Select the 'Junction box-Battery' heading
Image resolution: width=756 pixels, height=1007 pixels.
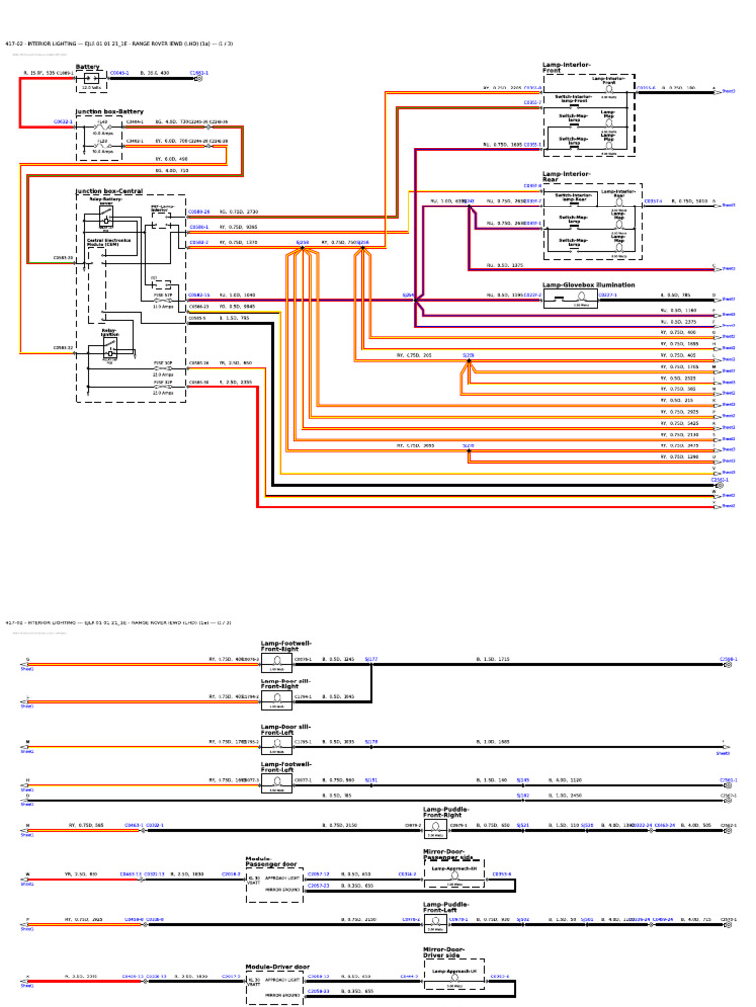(108, 112)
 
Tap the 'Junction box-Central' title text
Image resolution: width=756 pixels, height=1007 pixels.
(108, 191)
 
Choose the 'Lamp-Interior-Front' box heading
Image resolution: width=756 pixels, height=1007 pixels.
(566, 67)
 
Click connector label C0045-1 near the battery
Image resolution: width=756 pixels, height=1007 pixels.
(119, 73)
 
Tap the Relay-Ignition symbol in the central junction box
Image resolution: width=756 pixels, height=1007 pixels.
(110, 350)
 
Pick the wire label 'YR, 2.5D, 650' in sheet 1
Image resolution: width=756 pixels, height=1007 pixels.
(234, 363)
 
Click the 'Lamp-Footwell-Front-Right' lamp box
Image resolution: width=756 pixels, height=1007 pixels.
(277, 663)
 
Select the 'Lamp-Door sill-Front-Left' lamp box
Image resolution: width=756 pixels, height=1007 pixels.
(277, 743)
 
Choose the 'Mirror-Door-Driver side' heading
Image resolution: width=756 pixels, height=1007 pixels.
(443, 952)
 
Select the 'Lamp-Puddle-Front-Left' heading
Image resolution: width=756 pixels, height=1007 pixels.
(446, 907)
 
